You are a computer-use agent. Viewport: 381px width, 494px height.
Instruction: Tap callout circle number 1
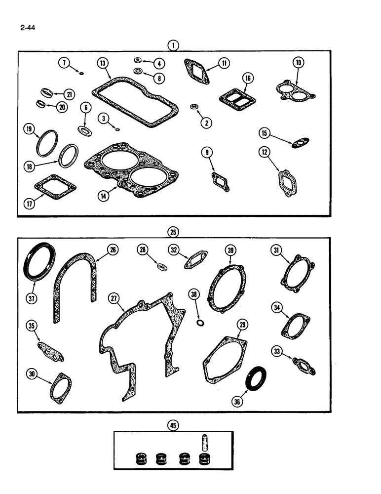pos(173,45)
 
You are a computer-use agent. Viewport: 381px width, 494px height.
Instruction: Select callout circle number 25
pos(173,232)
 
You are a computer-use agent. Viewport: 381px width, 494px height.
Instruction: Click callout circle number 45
pos(173,424)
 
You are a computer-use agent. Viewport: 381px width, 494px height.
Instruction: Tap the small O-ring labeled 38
pos(200,323)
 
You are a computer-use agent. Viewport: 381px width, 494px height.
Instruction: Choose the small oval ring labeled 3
pos(116,130)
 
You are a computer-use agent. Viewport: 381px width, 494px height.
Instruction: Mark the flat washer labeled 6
pos(85,130)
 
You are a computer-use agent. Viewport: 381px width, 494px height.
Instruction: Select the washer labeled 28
pos(160,267)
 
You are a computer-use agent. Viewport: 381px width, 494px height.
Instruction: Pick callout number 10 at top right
pos(299,62)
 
